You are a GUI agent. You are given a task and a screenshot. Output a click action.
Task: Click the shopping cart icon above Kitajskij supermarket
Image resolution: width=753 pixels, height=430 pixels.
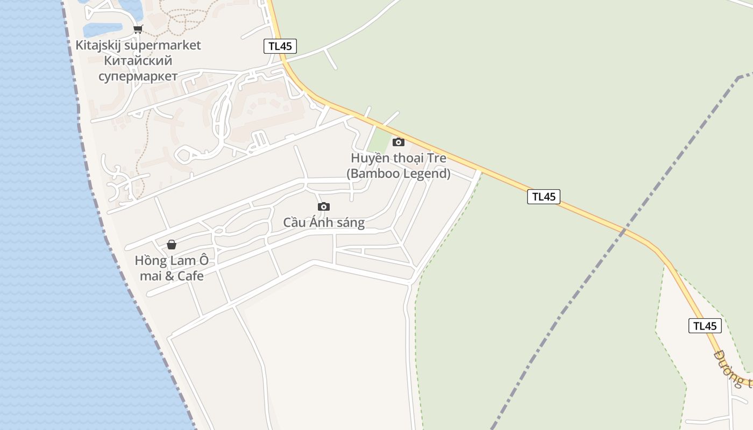(138, 30)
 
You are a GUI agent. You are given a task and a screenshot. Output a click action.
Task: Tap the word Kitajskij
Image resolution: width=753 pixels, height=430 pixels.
(98, 45)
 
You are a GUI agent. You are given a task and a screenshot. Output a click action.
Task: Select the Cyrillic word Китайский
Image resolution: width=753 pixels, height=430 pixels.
(138, 61)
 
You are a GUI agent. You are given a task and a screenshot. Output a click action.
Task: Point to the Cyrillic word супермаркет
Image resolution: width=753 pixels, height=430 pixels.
(138, 76)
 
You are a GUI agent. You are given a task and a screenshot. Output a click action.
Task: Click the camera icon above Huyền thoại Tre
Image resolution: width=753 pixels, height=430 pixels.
(399, 142)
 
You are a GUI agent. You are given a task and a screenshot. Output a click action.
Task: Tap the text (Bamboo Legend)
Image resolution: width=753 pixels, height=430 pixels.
(399, 174)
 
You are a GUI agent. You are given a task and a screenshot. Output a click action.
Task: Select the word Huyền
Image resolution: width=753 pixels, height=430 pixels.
(366, 159)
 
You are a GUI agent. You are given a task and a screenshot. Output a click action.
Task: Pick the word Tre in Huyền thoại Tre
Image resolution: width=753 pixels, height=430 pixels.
(436, 159)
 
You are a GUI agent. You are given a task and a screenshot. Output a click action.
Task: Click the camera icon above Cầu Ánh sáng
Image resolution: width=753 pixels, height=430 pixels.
(324, 206)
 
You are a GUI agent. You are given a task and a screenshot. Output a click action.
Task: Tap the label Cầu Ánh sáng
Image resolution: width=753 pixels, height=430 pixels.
(324, 223)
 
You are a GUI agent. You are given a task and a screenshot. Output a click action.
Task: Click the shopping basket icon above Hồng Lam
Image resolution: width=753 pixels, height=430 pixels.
(172, 245)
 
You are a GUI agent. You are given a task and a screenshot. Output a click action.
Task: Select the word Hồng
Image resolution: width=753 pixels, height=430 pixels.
(150, 261)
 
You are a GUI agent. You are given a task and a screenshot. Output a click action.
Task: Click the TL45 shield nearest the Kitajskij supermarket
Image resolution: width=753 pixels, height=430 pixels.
(280, 46)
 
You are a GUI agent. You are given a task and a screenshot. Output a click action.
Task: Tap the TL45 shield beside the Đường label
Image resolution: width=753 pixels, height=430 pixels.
(705, 326)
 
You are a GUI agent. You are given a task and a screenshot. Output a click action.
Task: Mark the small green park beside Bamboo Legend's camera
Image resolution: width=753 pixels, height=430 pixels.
(380, 142)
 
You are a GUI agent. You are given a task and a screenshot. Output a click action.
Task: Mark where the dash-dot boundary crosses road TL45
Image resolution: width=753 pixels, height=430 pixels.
(624, 232)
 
